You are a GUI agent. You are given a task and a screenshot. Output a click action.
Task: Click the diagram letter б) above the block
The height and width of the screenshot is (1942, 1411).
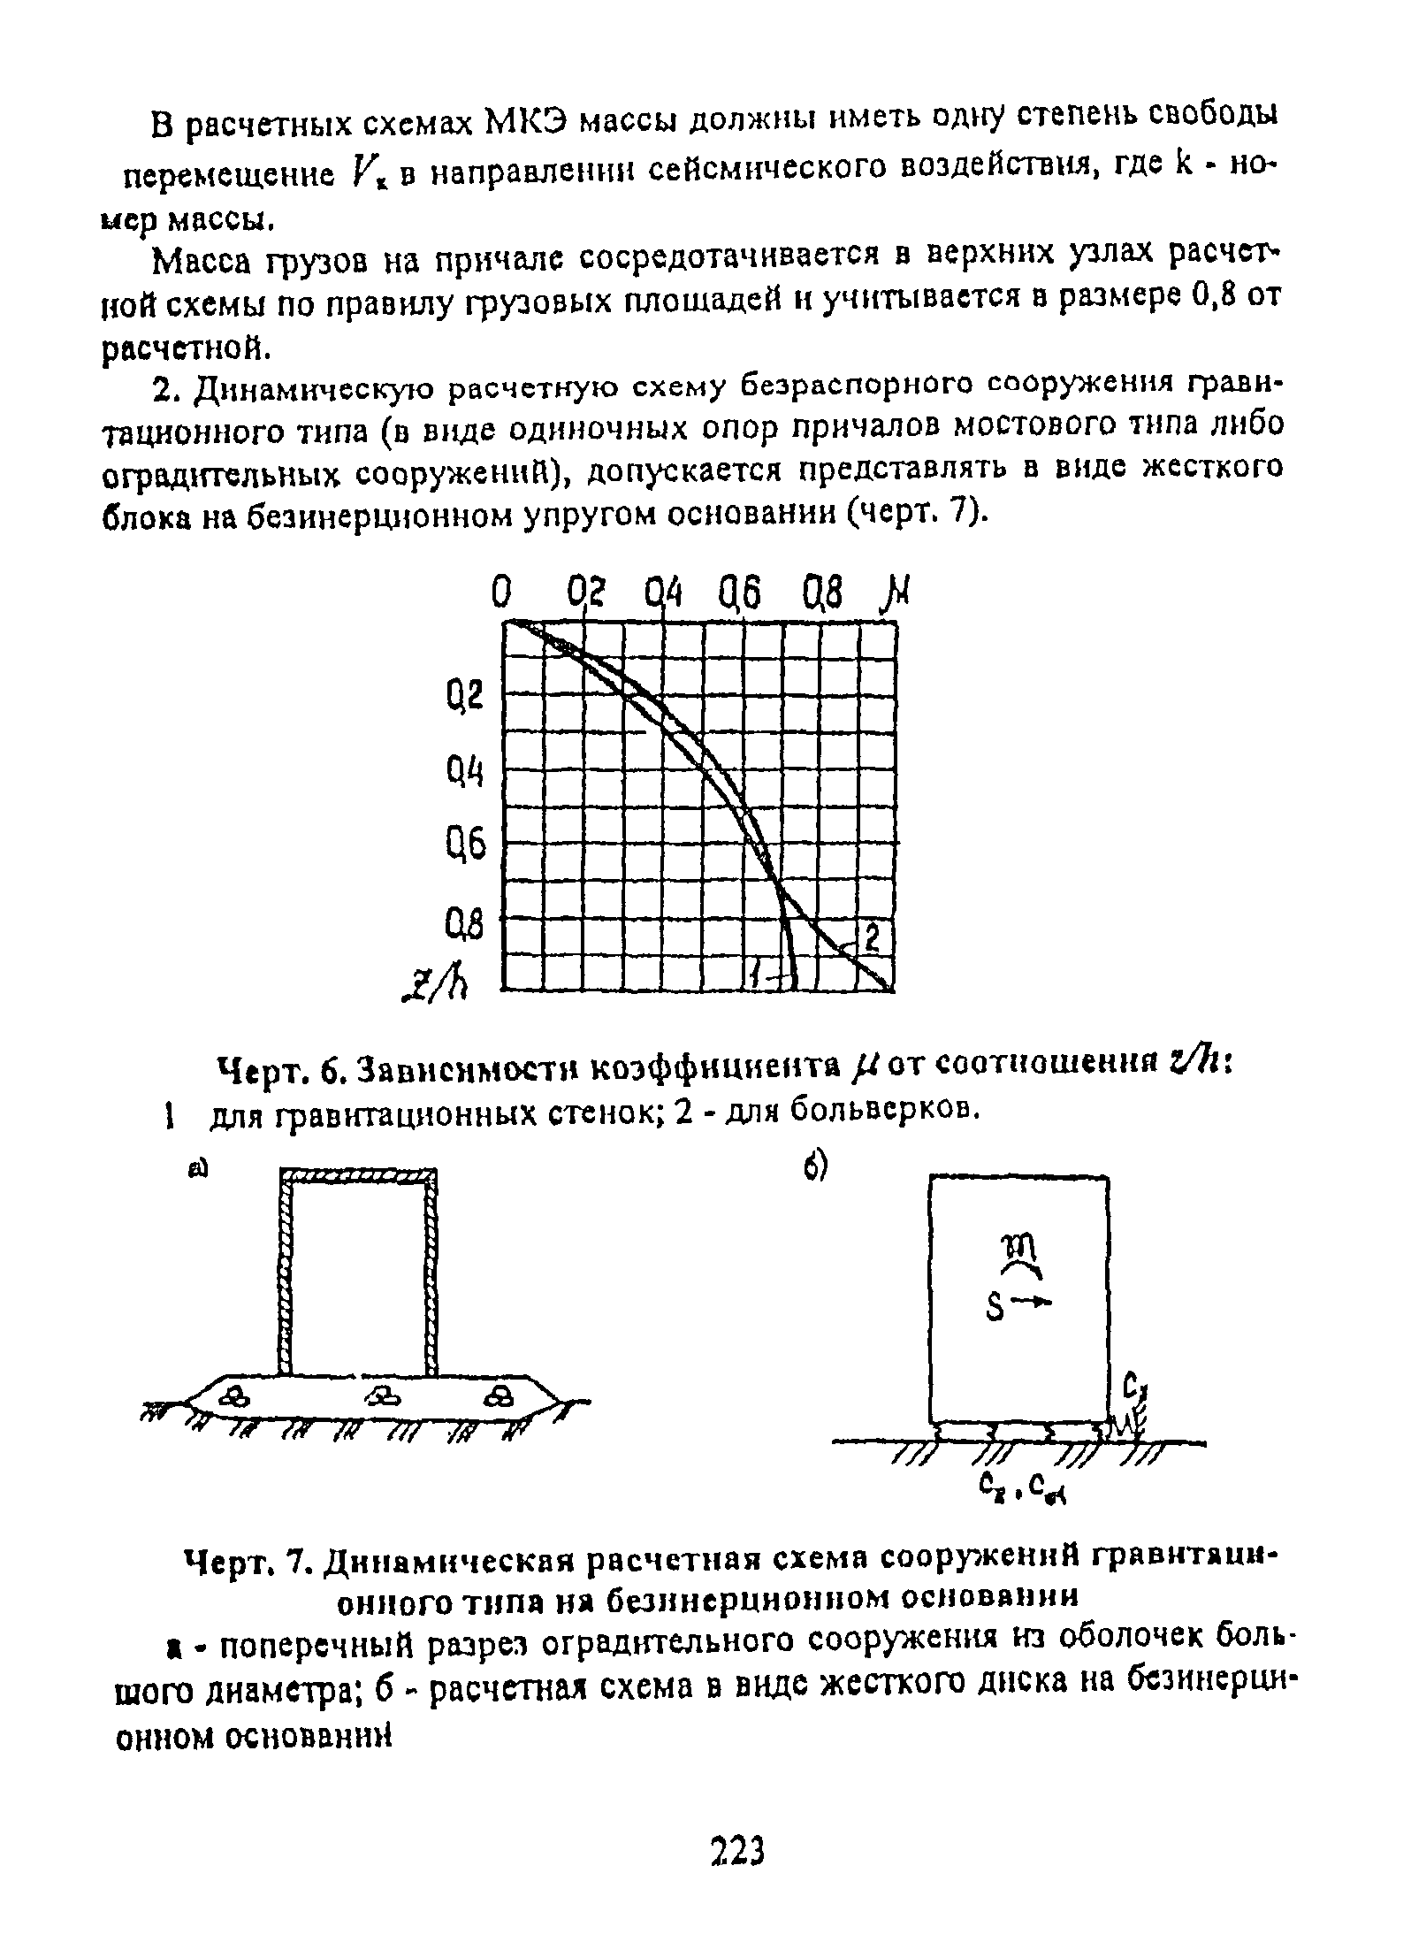pos(814,1169)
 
